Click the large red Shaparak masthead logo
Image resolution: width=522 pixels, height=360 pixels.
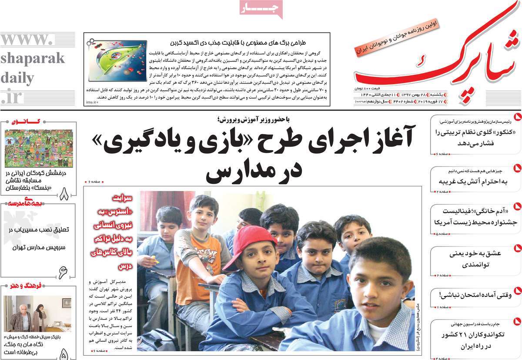(435, 65)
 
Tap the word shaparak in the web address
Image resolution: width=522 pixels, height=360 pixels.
(32, 58)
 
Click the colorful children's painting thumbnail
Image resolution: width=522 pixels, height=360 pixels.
(39, 148)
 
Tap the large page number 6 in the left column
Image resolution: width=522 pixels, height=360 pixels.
(64, 272)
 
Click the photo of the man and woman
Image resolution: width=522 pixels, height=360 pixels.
(37, 314)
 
